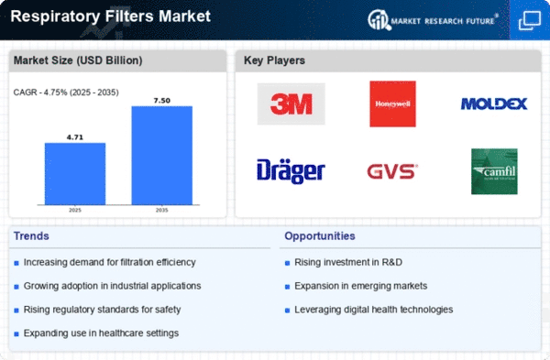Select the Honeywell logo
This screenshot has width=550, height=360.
point(392,104)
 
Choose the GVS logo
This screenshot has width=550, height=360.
point(392,171)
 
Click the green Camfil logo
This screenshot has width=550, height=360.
point(494,171)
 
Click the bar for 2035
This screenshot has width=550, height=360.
point(162,156)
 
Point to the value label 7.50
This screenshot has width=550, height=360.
point(162,99)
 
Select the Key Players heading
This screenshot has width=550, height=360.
point(274,61)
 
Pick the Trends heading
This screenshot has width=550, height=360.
point(32,236)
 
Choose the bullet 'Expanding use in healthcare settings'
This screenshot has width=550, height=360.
point(101,332)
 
